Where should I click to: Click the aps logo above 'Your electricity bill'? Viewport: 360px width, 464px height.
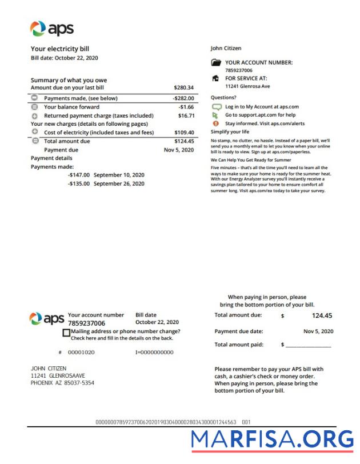[51, 29]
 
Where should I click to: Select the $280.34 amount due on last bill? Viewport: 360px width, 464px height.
[183, 88]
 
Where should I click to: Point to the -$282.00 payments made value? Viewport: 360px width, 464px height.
[183, 98]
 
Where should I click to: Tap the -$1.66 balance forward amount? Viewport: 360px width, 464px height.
[186, 107]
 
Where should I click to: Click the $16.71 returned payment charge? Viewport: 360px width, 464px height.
[186, 115]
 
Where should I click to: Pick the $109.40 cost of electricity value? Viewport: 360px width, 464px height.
[183, 133]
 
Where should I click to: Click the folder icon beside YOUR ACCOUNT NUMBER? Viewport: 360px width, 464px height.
[215, 63]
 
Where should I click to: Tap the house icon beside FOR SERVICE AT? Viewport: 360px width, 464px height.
[215, 78]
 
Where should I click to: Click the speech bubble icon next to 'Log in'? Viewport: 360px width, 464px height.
[216, 107]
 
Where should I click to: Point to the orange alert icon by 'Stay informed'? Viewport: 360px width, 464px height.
[215, 123]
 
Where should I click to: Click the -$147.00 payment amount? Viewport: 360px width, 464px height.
[79, 175]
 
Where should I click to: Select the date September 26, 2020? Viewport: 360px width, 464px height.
[119, 184]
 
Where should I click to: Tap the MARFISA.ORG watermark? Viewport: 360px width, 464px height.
[272, 439]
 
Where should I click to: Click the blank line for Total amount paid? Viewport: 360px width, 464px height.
[308, 345]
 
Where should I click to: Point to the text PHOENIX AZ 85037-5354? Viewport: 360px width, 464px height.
[62, 383]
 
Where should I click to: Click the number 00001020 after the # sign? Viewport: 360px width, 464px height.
[81, 353]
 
